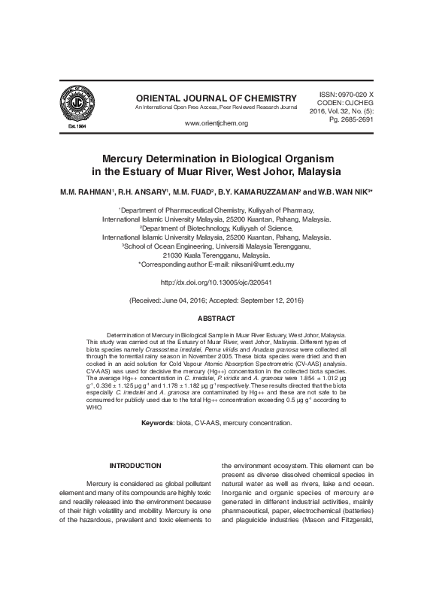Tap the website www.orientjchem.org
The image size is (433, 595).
pos(216,123)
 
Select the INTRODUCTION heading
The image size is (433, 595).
pos(135,467)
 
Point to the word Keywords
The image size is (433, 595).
pos(157,424)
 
